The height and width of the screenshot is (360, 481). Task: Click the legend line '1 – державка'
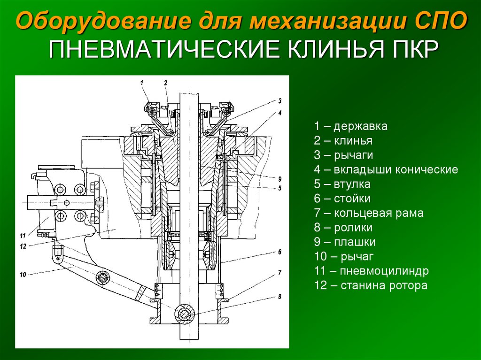350,126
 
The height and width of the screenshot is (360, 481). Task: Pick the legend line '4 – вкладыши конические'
386,169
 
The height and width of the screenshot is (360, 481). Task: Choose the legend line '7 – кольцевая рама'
369,213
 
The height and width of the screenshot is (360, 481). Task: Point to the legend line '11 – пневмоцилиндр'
372,271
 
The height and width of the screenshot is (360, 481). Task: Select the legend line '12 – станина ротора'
371,285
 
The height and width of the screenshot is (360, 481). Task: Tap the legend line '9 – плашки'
345,242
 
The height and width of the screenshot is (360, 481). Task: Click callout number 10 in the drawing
23,275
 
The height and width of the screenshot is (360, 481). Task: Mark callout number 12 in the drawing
23,246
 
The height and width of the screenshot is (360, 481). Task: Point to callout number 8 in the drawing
279,297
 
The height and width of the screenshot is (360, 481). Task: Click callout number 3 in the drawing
280,100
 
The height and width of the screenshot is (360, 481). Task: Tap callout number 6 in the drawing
279,252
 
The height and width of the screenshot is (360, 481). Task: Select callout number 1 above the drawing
142,82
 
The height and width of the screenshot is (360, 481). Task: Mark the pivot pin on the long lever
102,278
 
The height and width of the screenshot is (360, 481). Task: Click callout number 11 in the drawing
23,236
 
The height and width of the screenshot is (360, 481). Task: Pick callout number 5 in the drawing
279,188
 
